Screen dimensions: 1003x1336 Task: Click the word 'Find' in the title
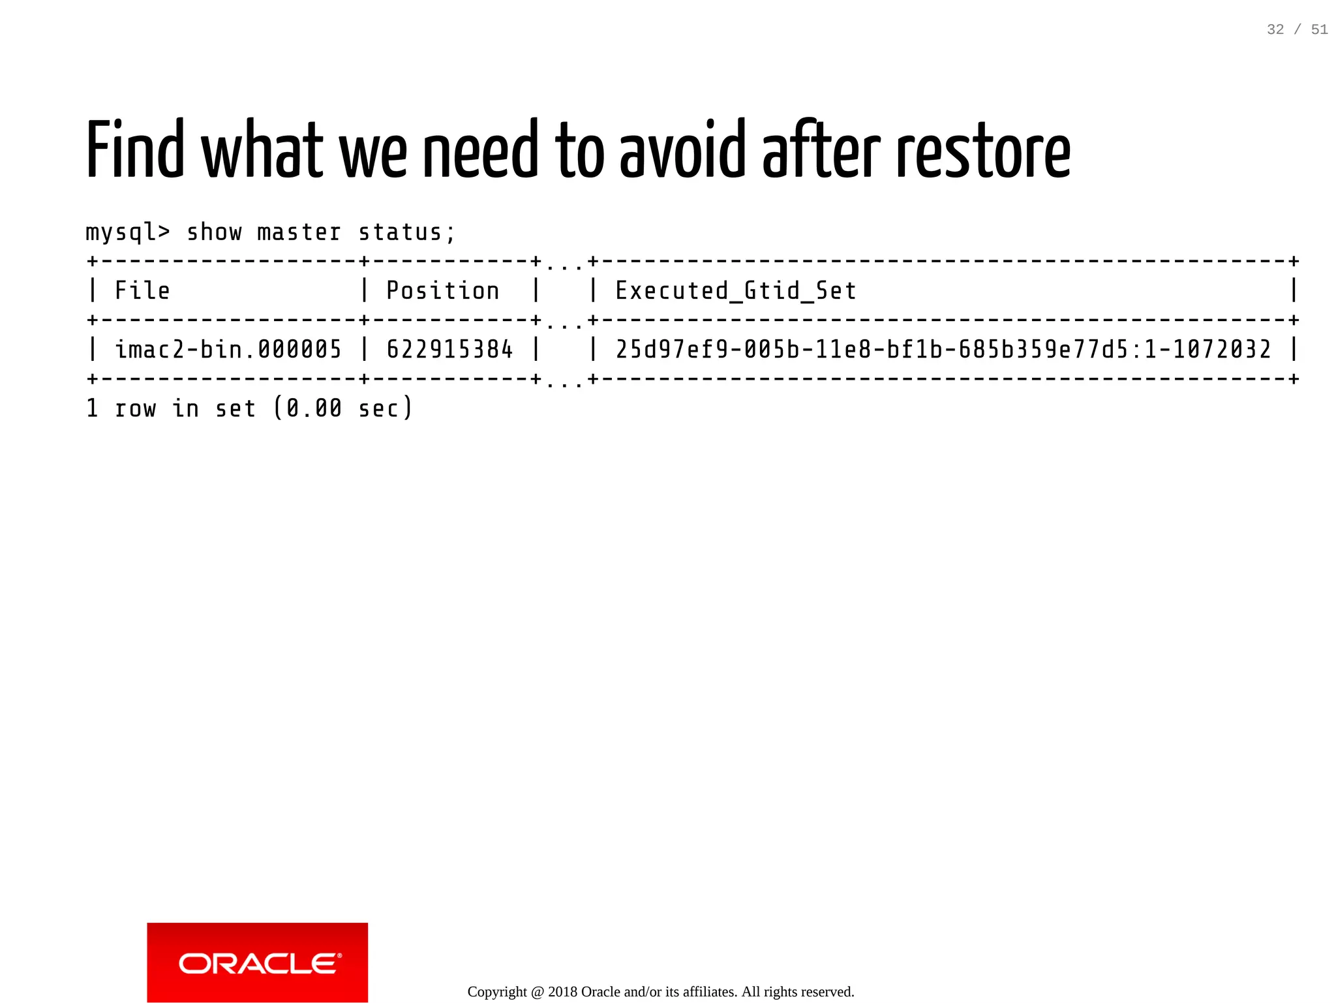pos(135,150)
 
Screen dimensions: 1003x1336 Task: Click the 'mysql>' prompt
pos(128,232)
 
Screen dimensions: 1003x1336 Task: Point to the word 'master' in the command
pos(299,232)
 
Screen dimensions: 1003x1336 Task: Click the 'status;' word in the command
pos(406,232)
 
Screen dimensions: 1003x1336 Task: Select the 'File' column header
pos(142,290)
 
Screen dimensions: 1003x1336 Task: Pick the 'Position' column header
pos(442,290)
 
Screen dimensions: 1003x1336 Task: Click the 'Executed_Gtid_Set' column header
pos(735,290)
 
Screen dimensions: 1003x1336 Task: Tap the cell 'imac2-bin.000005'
pos(228,349)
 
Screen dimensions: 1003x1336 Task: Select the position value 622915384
pos(449,349)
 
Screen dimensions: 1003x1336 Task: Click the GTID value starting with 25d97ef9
pos(943,349)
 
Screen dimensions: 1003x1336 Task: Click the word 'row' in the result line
pos(135,409)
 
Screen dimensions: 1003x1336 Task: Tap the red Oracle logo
pos(257,962)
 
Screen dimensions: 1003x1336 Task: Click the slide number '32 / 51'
pos(1297,29)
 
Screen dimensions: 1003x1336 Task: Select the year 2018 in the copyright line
pos(562,992)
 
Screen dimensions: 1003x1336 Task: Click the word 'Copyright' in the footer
pos(497,992)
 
